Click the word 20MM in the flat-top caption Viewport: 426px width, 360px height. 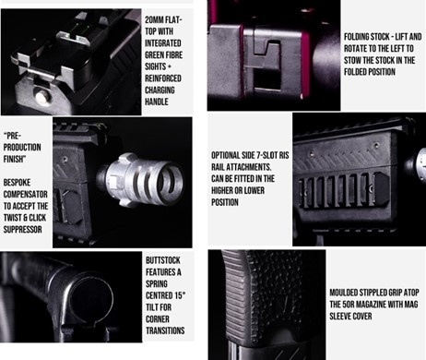tap(154, 20)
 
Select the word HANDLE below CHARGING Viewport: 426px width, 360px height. tap(157, 102)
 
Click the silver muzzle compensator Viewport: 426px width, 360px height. tap(140, 179)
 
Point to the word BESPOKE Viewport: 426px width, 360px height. tap(17, 183)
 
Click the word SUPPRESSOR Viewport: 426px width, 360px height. tap(22, 230)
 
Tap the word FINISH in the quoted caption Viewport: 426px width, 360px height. tap(14, 159)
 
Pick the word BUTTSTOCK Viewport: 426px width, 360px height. tap(163, 260)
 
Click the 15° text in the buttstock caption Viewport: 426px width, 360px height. tap(180, 295)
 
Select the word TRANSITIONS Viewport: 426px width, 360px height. tap(165, 330)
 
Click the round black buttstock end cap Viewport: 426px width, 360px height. tap(91, 298)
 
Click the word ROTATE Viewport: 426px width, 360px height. tap(354, 49)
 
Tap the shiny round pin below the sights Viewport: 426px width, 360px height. tap(42, 97)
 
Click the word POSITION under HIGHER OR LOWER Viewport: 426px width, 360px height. tap(225, 202)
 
